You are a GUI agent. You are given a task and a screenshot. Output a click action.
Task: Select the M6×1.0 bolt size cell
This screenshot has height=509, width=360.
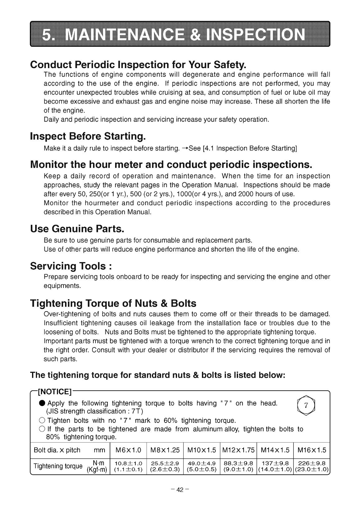tap(128, 450)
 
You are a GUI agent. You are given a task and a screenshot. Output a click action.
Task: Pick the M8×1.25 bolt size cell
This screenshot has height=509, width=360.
tap(165, 450)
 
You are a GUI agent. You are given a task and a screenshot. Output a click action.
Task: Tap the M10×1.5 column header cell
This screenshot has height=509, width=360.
tap(202, 450)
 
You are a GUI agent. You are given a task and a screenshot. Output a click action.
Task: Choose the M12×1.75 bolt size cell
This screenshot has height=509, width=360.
tap(238, 450)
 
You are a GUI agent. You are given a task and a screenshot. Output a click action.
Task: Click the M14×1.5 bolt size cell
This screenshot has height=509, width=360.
tap(275, 450)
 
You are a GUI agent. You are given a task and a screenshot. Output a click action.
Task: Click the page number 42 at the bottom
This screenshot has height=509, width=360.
tap(180, 490)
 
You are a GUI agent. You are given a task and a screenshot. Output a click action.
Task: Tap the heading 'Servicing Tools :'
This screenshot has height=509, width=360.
tap(71, 266)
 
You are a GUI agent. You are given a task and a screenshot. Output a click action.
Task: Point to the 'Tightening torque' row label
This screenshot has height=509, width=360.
tap(58, 466)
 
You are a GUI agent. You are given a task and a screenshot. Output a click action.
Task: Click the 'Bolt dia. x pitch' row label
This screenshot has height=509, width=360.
tap(57, 450)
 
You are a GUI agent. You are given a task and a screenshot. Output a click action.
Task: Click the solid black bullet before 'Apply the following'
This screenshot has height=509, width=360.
tap(42, 404)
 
